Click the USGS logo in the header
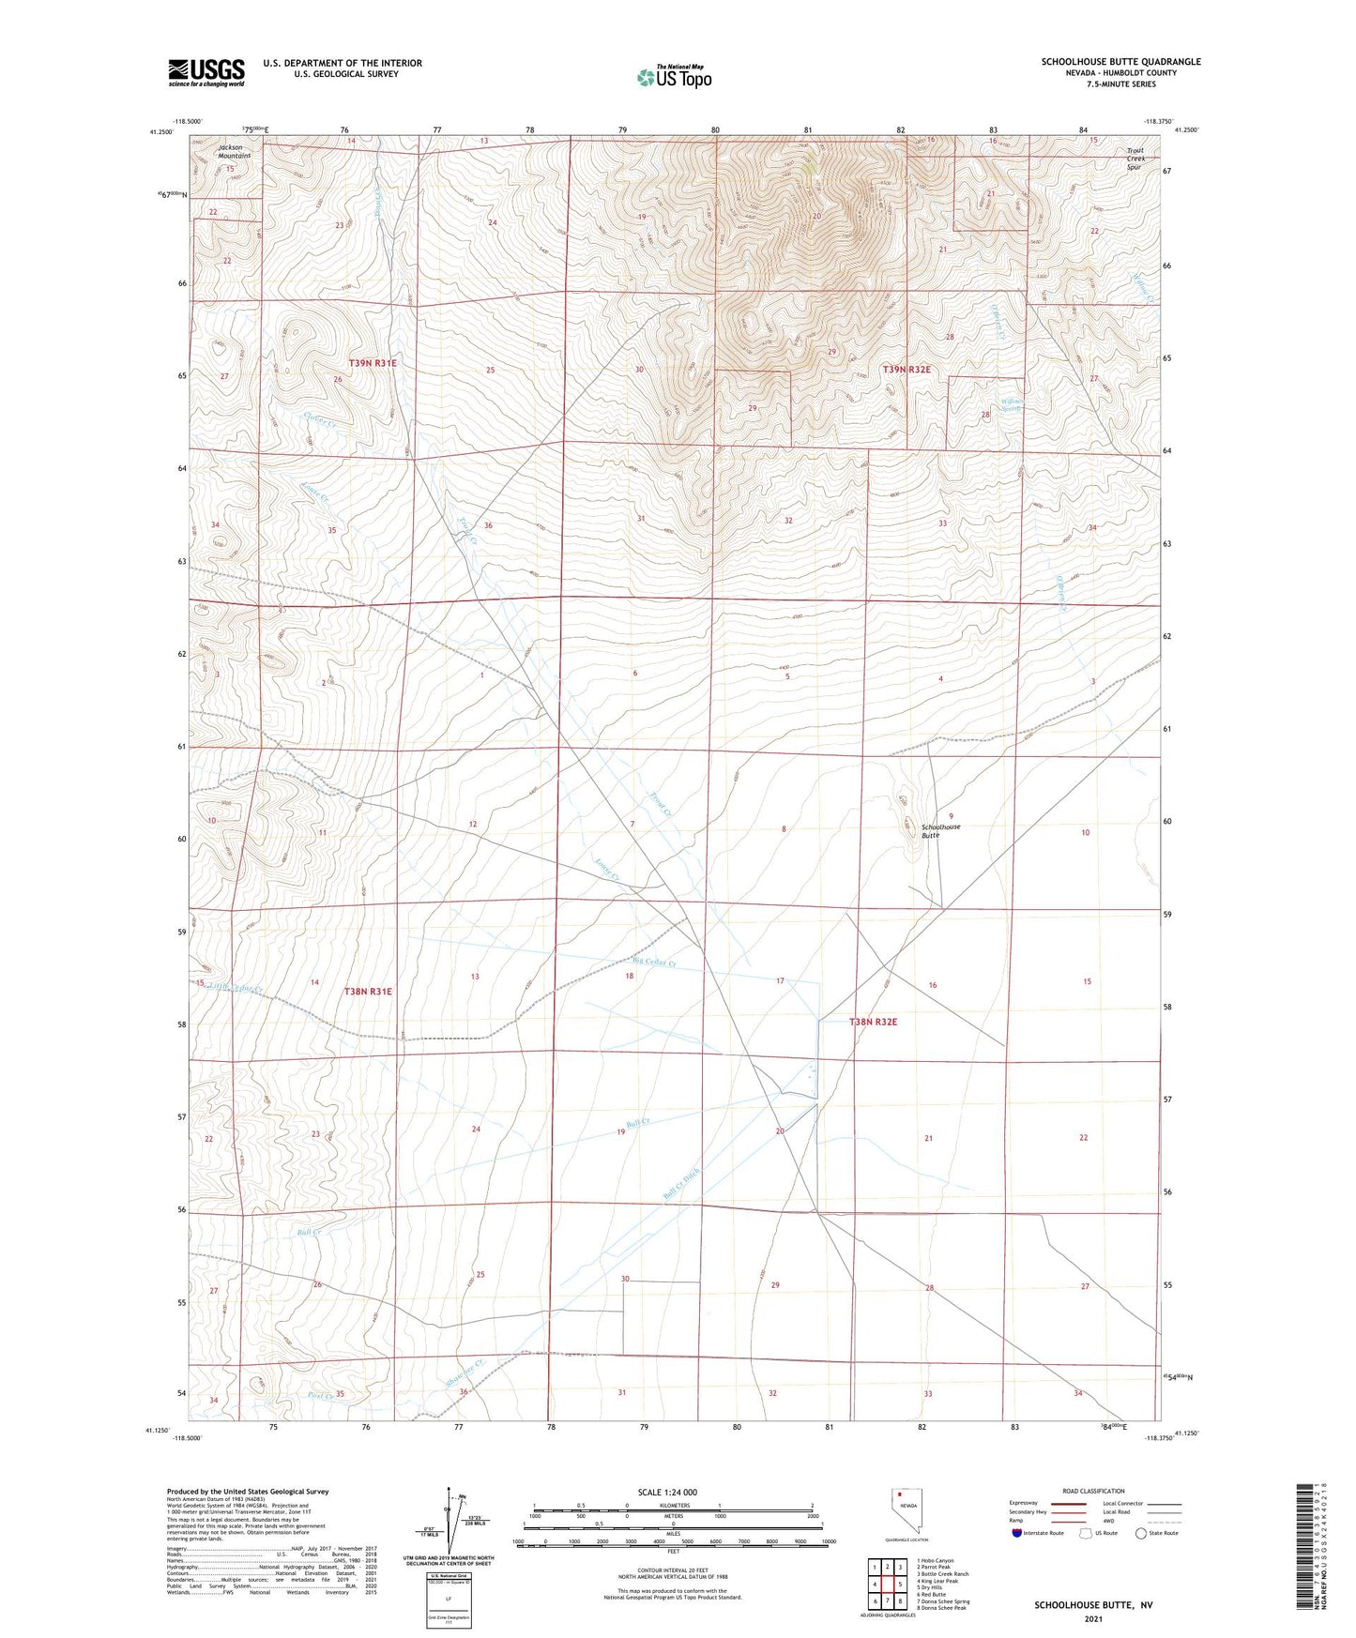pos(206,72)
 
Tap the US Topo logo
pos(674,77)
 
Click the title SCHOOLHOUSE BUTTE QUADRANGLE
pos(1120,62)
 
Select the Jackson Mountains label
pos(235,151)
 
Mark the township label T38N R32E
pos(879,1022)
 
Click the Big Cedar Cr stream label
pos(655,961)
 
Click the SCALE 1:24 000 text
pos(667,1492)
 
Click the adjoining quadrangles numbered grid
pos(887,1586)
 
